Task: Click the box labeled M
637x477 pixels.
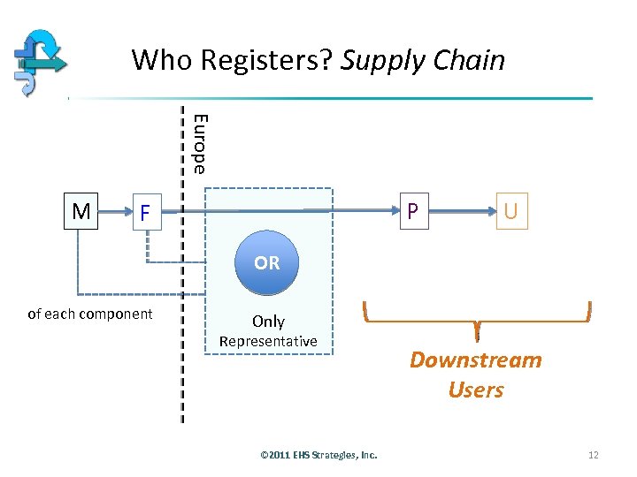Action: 81,212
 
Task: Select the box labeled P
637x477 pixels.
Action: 413,211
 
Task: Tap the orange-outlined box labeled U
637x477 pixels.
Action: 511,212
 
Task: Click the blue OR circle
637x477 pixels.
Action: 267,263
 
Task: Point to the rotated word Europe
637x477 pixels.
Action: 200,144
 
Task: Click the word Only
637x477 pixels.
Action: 268,322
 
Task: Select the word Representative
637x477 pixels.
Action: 268,341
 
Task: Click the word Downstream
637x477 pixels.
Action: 475,360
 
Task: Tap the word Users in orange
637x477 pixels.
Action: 476,390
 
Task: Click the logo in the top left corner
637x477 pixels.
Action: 40,59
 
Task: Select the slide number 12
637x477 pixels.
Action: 593,455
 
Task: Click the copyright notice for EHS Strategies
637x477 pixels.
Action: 318,455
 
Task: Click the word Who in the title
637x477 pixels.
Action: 163,60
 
